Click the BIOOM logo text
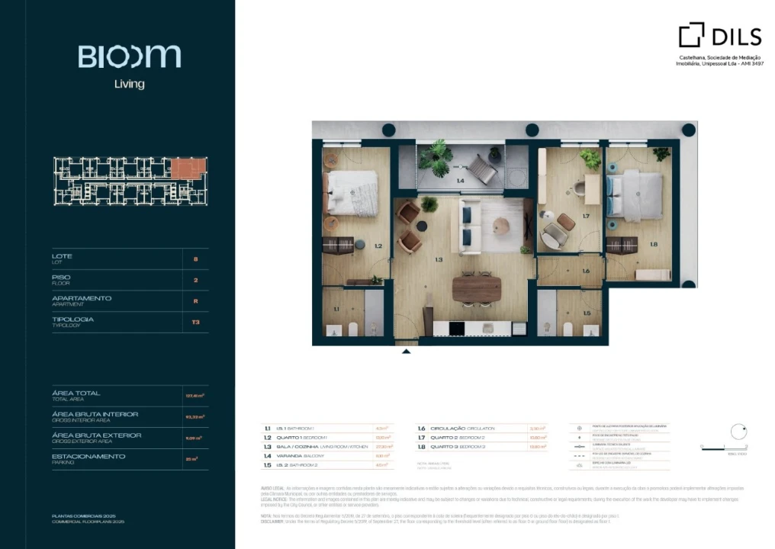129,56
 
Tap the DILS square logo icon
691,35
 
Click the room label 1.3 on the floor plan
439,260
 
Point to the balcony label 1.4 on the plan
460,181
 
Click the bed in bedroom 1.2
352,193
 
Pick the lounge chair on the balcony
482,169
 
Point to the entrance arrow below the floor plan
406,352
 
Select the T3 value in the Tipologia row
196,322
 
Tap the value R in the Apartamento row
196,301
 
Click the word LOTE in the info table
62,255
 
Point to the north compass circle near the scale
738,432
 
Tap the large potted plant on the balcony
436,156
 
